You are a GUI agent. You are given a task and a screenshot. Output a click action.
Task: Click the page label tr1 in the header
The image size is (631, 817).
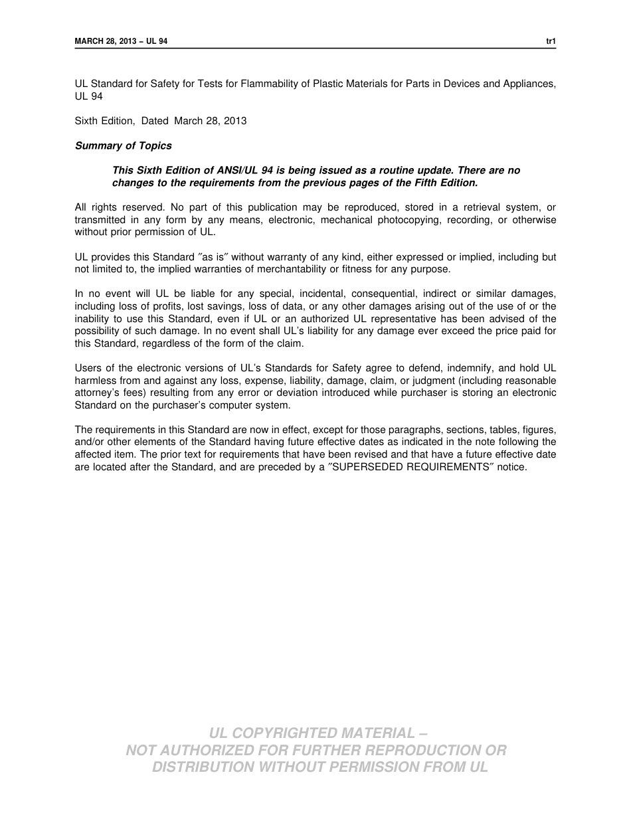551,41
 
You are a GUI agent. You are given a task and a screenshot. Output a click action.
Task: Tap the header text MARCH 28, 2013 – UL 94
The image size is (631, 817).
121,41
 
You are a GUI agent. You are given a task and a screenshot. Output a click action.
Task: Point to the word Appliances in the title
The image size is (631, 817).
529,84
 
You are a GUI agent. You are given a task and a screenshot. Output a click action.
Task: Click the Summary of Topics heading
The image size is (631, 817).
123,145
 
